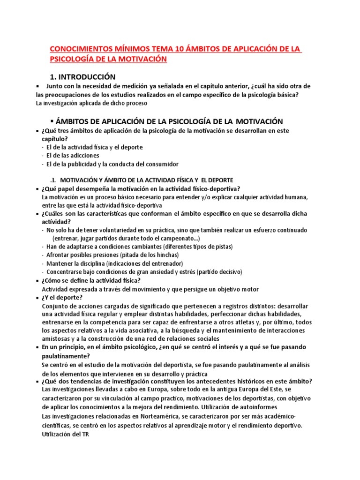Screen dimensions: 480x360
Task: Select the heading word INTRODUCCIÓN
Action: coord(87,76)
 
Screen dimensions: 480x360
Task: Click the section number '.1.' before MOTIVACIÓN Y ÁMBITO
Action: coord(53,180)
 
